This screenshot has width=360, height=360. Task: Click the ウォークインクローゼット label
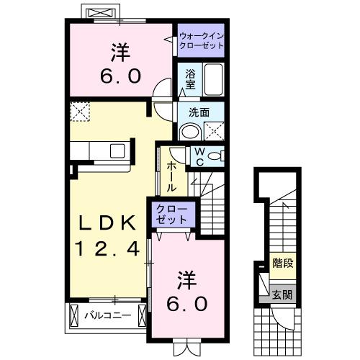point(201,40)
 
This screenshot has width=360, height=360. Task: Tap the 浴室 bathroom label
point(190,78)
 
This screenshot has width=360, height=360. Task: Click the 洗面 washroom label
point(199,112)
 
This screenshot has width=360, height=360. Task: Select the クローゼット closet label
point(171,215)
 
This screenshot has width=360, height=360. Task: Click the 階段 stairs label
point(282,264)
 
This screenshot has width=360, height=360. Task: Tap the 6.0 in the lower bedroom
point(189,303)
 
